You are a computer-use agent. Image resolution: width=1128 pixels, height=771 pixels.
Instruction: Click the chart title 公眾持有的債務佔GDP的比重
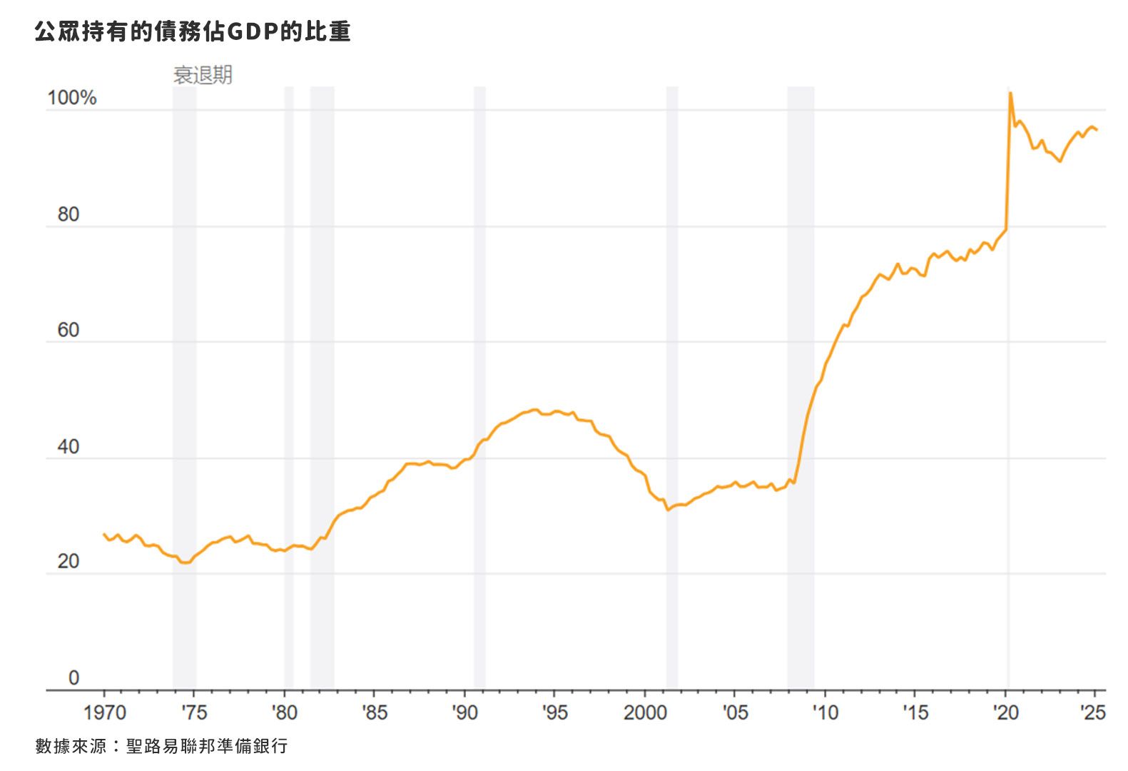(x=193, y=32)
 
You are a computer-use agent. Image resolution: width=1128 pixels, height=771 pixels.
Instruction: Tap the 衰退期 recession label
(x=203, y=75)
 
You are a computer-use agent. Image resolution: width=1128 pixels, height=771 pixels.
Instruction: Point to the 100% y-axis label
(x=71, y=99)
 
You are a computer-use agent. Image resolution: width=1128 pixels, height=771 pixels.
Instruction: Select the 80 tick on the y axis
(x=68, y=214)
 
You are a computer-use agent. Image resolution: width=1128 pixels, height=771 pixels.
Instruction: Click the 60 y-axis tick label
(x=68, y=331)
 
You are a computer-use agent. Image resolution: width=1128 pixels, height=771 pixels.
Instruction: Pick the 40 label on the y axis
(x=68, y=447)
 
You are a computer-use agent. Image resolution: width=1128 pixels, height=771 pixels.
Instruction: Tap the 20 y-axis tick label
(x=68, y=562)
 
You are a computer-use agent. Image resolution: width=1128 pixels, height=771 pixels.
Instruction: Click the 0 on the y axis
(x=73, y=677)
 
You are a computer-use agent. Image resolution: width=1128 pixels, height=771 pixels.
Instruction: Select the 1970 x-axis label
(x=104, y=712)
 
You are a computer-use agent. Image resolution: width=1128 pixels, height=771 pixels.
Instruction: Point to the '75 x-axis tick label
(x=193, y=712)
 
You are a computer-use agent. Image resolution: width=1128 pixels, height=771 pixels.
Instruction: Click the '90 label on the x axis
(x=464, y=712)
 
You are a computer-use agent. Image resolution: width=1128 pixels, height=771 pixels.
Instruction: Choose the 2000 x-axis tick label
(x=645, y=712)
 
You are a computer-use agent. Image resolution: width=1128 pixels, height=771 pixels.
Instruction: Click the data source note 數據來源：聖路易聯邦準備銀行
(x=161, y=746)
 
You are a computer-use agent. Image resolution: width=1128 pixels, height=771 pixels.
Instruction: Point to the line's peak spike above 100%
(x=1010, y=94)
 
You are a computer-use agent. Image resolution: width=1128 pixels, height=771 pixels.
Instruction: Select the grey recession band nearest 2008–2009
(x=801, y=385)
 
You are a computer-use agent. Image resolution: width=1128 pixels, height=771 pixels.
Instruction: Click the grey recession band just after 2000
(x=672, y=385)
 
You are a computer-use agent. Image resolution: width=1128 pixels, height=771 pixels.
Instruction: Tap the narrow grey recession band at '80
(x=289, y=385)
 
